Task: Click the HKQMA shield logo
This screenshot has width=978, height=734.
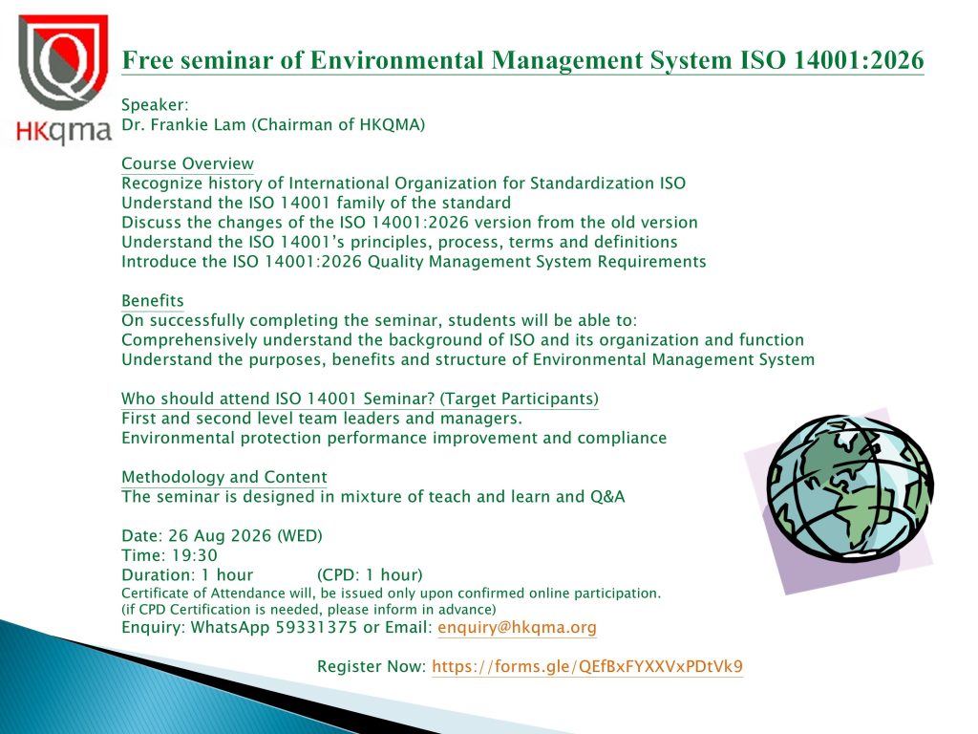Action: click(64, 62)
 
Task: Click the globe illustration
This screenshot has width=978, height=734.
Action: click(849, 486)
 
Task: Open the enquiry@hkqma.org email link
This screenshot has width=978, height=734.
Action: click(517, 628)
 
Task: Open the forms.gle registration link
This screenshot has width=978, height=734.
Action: click(587, 666)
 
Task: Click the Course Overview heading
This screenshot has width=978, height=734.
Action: click(188, 163)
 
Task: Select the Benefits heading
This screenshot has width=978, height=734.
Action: click(153, 301)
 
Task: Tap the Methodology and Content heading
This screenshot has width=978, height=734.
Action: click(223, 478)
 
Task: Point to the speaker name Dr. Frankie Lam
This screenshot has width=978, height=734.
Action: click(183, 125)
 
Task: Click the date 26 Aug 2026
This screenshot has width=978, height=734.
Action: click(221, 536)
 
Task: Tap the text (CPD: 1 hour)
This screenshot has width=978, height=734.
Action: click(370, 574)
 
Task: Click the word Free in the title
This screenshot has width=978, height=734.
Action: click(145, 60)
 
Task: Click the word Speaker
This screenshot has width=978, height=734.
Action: click(155, 105)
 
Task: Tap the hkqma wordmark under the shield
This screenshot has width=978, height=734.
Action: click(64, 131)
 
